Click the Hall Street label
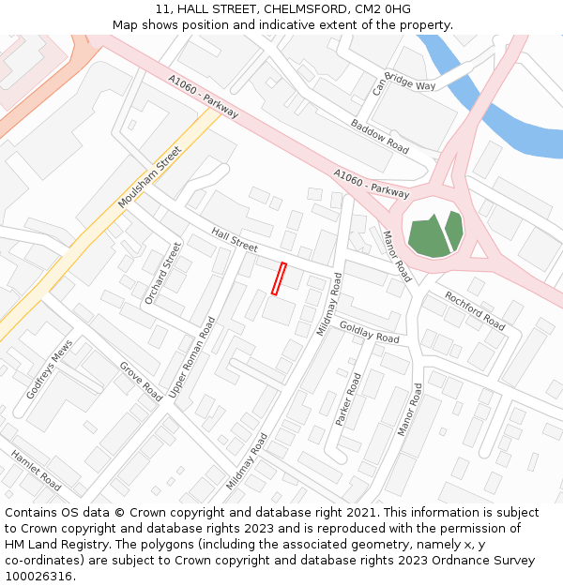coord(235,239)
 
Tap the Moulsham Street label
coord(149,178)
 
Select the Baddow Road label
coord(380,136)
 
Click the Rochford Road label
coord(475,309)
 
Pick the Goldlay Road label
coord(369,332)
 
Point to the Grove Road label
coord(141,382)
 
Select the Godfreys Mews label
coord(49,369)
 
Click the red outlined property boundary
coord(279,278)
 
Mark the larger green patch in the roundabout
coord(428,237)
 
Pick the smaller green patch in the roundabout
coord(455,230)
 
